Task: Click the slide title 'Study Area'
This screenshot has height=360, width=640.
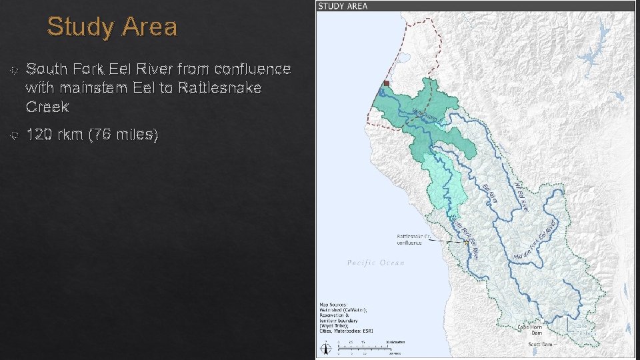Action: point(112,27)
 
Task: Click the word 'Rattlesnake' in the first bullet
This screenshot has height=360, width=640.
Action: point(223,88)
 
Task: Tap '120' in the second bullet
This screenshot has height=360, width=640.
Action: point(40,135)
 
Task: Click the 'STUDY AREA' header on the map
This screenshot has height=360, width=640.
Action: point(343,6)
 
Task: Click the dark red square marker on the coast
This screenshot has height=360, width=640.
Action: point(386,83)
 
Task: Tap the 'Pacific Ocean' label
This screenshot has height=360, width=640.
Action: point(375,263)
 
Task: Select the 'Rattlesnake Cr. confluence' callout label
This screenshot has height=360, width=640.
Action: point(415,239)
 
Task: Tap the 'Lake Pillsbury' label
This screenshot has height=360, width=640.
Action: point(583,329)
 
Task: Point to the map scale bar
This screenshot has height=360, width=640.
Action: point(363,346)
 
